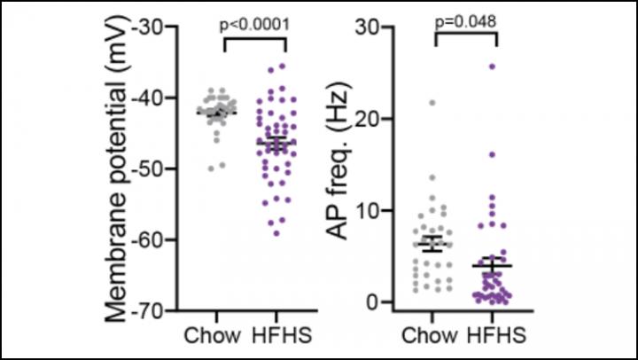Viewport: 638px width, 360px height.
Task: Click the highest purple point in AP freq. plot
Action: pos(492,67)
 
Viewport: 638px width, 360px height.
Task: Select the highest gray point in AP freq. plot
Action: pos(432,103)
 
